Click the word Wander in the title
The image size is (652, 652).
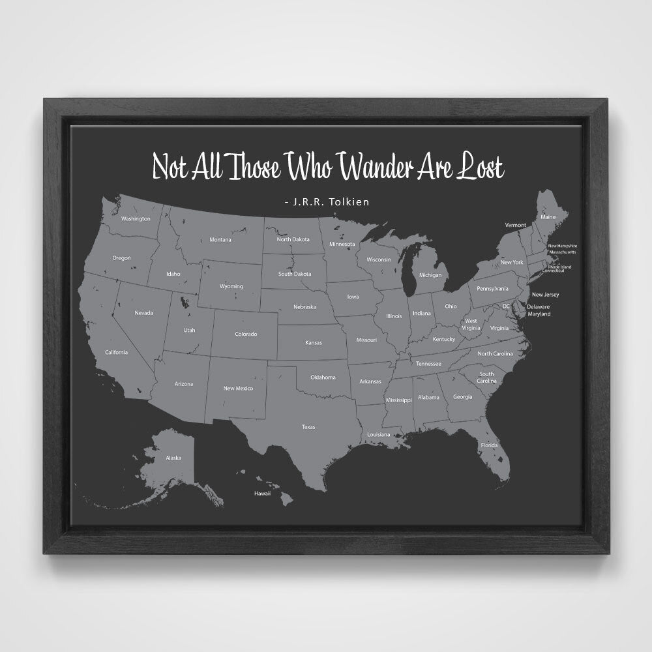pyautogui.click(x=377, y=168)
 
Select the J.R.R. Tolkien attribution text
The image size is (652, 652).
pyautogui.click(x=327, y=202)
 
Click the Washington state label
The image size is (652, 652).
pyautogui.click(x=136, y=218)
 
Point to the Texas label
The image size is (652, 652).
pyautogui.click(x=308, y=427)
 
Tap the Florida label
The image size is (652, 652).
pyautogui.click(x=489, y=445)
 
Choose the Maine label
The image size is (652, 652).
pyautogui.click(x=548, y=216)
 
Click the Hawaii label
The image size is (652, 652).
pyautogui.click(x=262, y=494)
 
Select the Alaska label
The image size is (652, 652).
pyautogui.click(x=173, y=458)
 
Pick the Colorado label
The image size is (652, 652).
pyautogui.click(x=246, y=334)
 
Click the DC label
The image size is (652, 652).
pyautogui.click(x=506, y=306)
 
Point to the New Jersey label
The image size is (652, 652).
pyautogui.click(x=545, y=295)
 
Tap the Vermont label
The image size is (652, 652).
pyautogui.click(x=515, y=225)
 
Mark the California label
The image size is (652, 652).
pyautogui.click(x=116, y=352)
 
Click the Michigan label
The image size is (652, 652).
pyautogui.click(x=430, y=275)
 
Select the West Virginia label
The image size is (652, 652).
pyautogui.click(x=470, y=324)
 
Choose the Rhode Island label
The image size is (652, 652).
pyautogui.click(x=559, y=266)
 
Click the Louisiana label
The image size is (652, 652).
pyautogui.click(x=378, y=434)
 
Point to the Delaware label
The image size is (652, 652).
pyautogui.click(x=539, y=306)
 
